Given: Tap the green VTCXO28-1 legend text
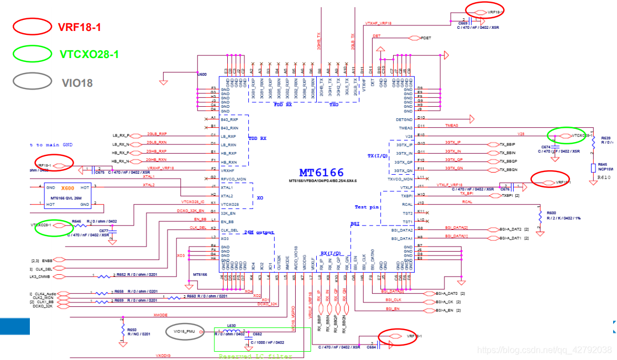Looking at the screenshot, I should pyautogui.click(x=89, y=54).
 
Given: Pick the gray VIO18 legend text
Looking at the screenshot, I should pyautogui.click(x=77, y=83).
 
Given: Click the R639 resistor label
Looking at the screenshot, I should pyautogui.click(x=605, y=138).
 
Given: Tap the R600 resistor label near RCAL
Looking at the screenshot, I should pyautogui.click(x=551, y=213).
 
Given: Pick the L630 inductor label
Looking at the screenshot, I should pyautogui.click(x=232, y=326).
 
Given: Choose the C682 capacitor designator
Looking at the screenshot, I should pyautogui.click(x=257, y=335).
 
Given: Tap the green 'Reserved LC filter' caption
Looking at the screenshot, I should pyautogui.click(x=255, y=357).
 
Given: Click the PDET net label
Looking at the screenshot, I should pyautogui.click(x=426, y=38).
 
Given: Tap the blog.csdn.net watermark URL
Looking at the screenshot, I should pyautogui.click(x=544, y=349).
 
